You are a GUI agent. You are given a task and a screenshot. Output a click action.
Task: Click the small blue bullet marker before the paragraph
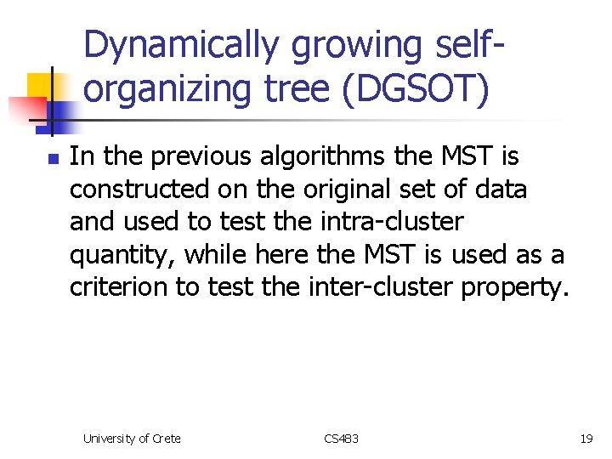[52, 158]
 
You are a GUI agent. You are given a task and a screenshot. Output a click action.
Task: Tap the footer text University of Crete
[132, 439]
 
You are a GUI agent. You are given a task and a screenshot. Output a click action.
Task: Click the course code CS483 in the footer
[342, 439]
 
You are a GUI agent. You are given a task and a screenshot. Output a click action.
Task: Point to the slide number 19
[586, 439]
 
